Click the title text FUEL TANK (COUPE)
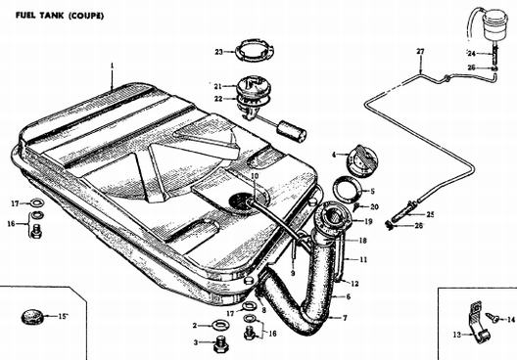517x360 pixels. pos(60,16)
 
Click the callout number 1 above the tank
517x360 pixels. pos(112,66)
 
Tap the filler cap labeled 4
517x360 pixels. pos(362,160)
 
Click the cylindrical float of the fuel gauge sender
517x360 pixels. pos(292,132)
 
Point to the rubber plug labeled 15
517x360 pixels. pos(32,317)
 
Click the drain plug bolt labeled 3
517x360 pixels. pos(221,344)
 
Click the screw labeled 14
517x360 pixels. pos(493,317)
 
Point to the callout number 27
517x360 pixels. pos(420,52)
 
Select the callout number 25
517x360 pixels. pos(430,214)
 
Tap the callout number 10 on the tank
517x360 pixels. pos(255,176)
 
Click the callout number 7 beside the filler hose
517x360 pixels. pos(345,318)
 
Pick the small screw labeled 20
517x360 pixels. pos(355,207)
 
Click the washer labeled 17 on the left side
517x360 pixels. pos(38,202)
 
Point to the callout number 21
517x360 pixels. pos(217,87)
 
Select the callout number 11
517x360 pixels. pos(363,259)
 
